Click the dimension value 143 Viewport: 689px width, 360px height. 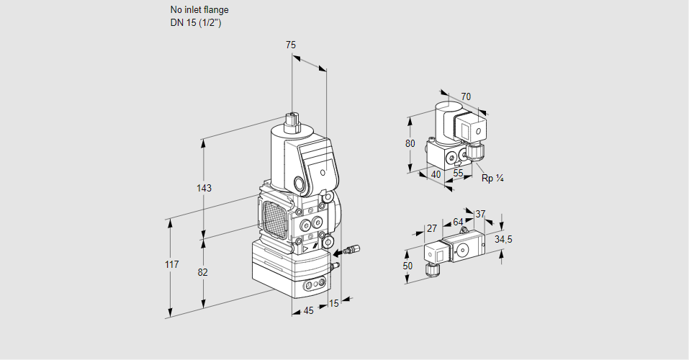204,189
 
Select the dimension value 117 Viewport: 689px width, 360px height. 171,265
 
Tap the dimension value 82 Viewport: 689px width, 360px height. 204,272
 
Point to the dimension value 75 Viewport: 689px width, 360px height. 291,45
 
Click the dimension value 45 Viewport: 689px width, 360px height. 308,310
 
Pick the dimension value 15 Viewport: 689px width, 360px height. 333,304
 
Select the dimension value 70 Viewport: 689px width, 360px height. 466,96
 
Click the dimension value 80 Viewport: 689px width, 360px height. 410,143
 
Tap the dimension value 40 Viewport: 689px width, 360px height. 436,174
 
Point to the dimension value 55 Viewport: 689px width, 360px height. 459,174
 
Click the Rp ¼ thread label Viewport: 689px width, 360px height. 492,179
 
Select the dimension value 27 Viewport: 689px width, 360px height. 432,228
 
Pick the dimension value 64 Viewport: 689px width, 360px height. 458,222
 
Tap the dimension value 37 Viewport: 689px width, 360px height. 481,214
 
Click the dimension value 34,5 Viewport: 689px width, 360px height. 504,239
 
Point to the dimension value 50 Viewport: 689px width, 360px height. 408,266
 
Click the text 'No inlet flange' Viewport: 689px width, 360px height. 199,10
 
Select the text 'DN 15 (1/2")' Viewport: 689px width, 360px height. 194,22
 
